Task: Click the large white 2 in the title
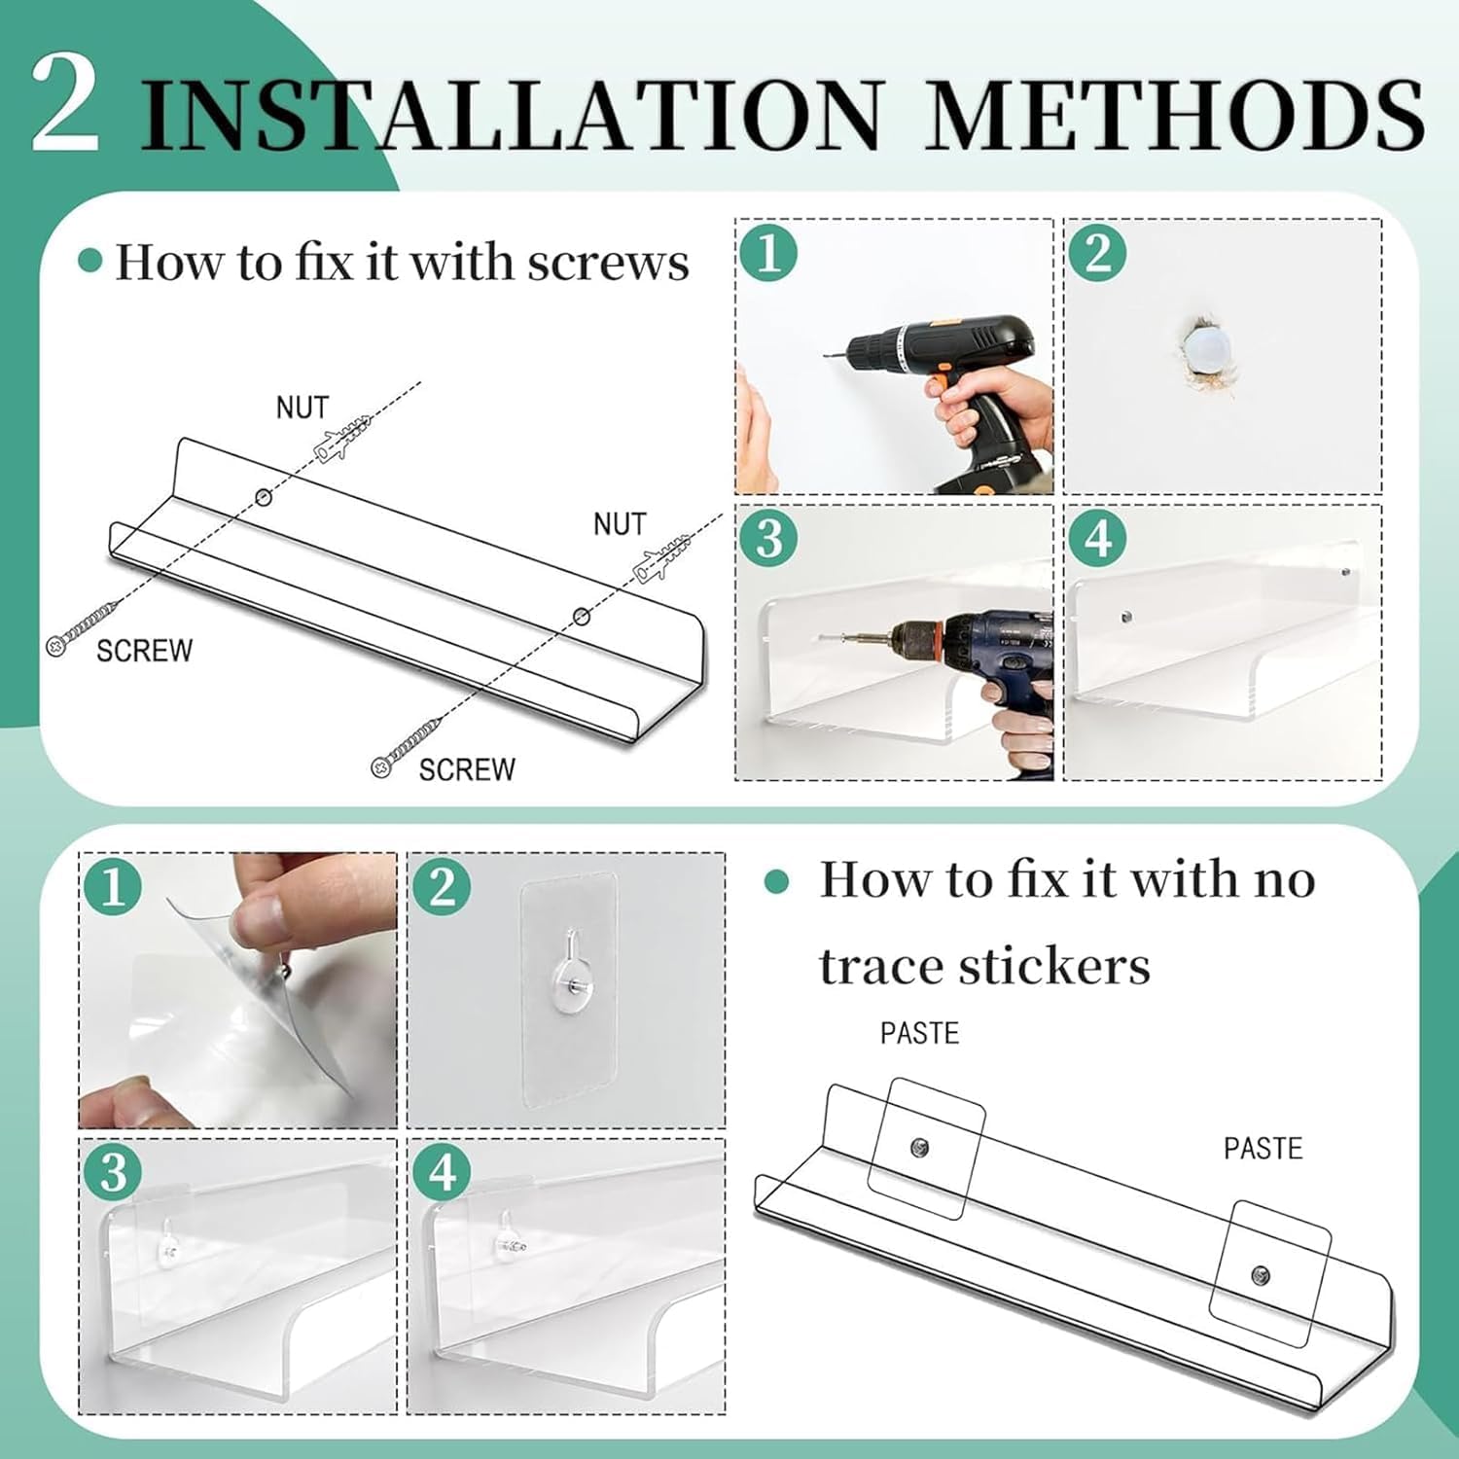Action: (65, 103)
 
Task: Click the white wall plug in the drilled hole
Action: (1207, 346)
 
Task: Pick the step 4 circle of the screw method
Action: (1098, 538)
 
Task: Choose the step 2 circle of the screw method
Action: (1098, 253)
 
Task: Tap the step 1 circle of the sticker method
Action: (113, 887)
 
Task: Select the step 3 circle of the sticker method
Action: (113, 1172)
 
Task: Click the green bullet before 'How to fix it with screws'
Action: (90, 261)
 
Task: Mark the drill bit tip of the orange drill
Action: (826, 354)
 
